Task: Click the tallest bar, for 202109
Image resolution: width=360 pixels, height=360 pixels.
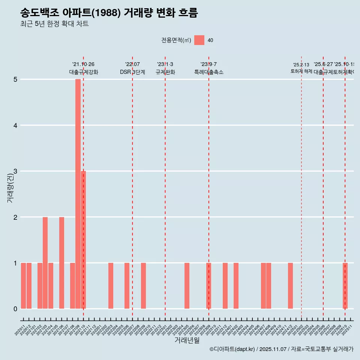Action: [78, 194]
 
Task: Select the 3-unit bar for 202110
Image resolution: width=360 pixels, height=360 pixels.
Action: [83, 240]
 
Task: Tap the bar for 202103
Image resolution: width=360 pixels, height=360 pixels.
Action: [45, 262]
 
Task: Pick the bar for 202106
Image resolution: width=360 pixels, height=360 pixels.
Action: [61, 262]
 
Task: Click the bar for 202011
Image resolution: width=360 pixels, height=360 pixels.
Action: [23, 286]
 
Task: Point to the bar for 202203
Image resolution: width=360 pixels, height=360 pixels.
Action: [111, 286]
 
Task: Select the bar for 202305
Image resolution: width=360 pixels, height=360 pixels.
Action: [187, 286]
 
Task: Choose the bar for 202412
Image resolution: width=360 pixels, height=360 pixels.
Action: [290, 286]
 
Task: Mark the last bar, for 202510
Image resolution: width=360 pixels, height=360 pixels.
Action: [345, 286]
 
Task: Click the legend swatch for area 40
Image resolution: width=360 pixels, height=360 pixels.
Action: [199, 40]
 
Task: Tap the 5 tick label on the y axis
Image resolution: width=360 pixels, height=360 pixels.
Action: [15, 79]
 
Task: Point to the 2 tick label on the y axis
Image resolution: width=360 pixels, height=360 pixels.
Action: [15, 217]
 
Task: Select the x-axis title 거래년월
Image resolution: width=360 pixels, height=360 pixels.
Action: [187, 340]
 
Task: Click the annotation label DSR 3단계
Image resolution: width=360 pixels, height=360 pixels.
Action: [132, 72]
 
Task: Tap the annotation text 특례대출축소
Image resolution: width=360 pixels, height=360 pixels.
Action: [208, 72]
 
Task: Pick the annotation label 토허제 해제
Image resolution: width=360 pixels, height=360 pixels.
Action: [301, 71]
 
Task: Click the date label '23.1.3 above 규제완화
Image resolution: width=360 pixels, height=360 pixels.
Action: [165, 64]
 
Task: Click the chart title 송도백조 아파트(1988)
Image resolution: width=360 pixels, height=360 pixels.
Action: [109, 13]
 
